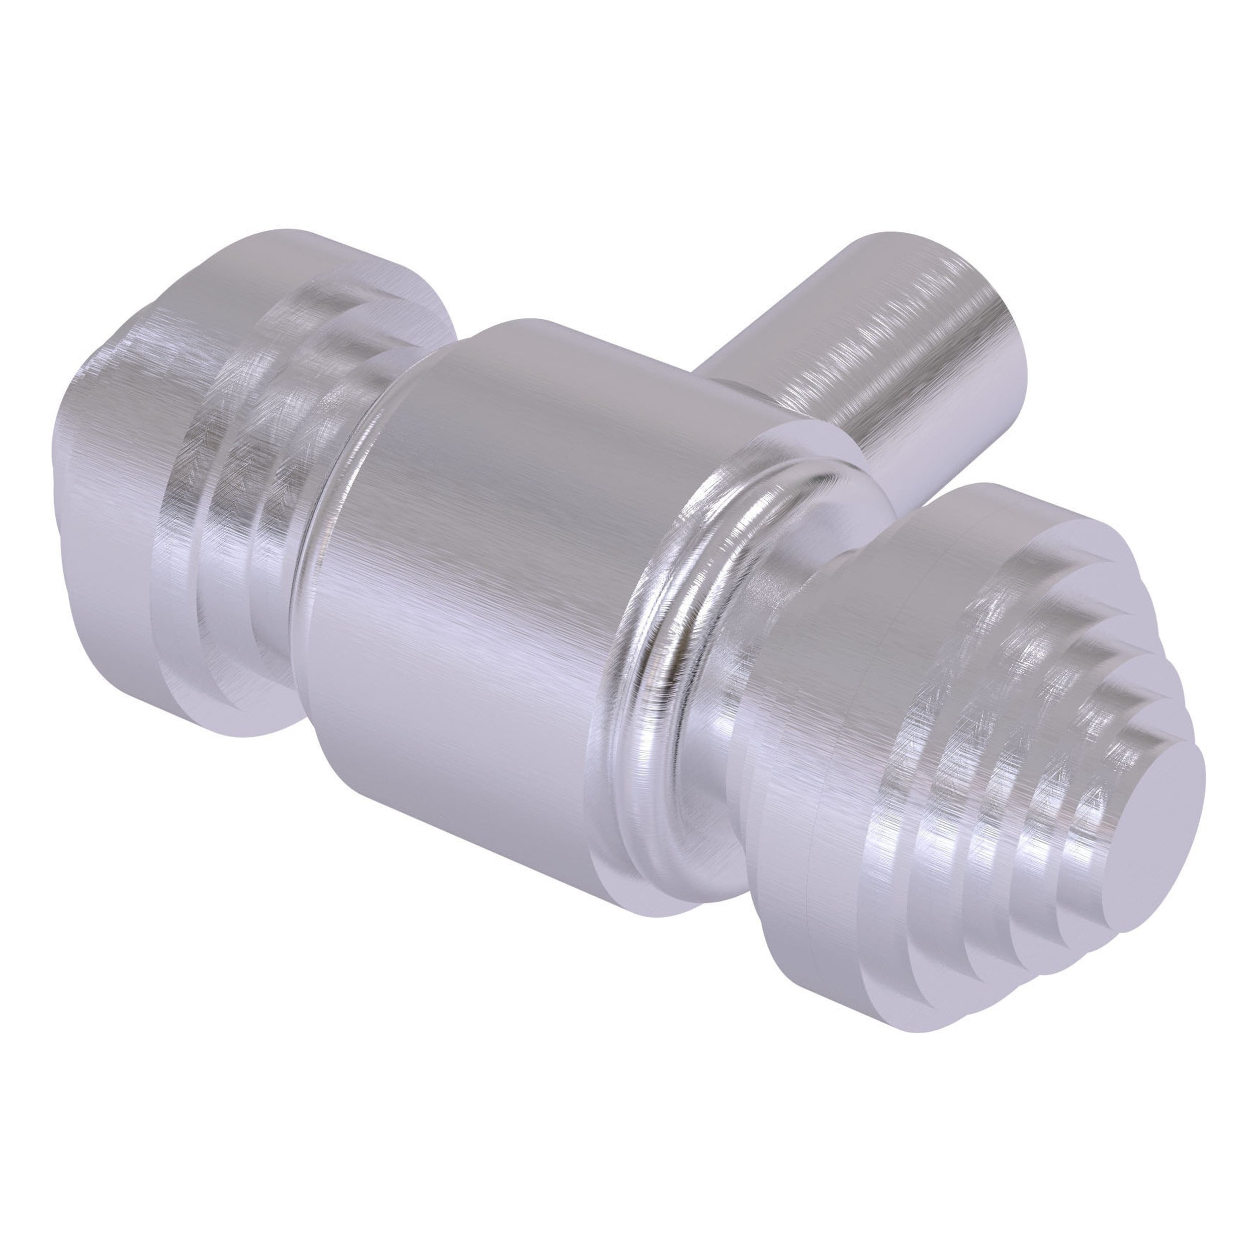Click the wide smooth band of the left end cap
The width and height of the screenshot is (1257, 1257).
pos(111,456)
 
